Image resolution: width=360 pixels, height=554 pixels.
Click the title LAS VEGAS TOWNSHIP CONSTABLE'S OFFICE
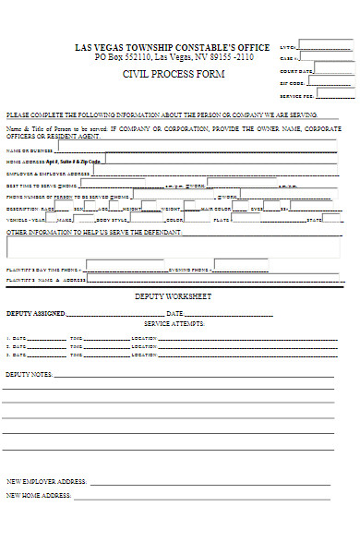tap(173, 47)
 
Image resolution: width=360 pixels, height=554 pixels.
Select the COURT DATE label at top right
tap(296, 71)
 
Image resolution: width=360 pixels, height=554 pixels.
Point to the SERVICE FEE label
tap(297, 95)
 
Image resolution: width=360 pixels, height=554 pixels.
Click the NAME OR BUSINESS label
tap(30, 150)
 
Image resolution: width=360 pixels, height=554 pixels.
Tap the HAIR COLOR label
tap(215, 209)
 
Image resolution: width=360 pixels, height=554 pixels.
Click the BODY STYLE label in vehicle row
tap(113, 220)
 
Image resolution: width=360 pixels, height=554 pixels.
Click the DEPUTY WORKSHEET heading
tap(174, 296)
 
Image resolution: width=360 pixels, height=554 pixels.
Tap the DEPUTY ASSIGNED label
tap(36, 314)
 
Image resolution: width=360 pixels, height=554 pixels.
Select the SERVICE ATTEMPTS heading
tap(174, 324)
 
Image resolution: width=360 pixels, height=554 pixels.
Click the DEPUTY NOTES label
tap(29, 375)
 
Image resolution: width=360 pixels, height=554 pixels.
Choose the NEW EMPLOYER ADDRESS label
tap(46, 481)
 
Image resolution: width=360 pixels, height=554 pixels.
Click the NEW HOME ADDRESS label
tap(39, 496)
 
